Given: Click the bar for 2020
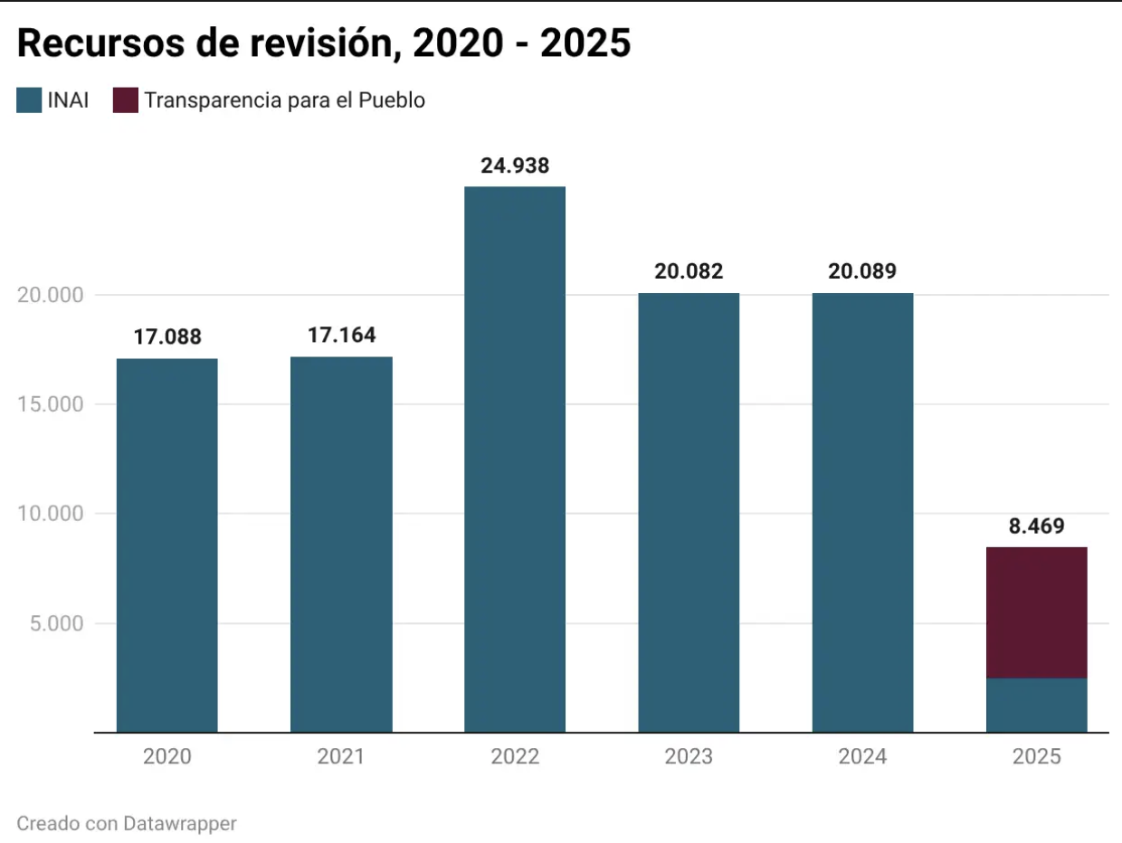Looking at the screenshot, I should [x=167, y=545].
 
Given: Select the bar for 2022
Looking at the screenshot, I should [x=515, y=459].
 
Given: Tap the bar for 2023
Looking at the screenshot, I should [x=689, y=512].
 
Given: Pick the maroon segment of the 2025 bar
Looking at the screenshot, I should [x=1036, y=612].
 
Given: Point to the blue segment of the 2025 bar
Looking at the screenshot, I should [x=1036, y=705].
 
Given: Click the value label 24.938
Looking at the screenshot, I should [x=515, y=166].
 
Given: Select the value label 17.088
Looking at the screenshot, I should [x=167, y=337].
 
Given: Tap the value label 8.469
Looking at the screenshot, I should [x=1036, y=526].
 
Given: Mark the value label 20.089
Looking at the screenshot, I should [x=862, y=271].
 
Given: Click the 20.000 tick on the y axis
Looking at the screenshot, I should [x=51, y=296].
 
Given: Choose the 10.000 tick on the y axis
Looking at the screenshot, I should [x=51, y=514].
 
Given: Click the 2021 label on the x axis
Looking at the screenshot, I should [x=341, y=756].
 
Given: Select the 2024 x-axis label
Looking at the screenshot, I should [x=862, y=756].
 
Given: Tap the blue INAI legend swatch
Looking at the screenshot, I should [x=29, y=100].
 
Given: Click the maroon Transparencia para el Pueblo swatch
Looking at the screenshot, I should [x=125, y=100].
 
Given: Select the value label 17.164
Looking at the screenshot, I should [x=341, y=336].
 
